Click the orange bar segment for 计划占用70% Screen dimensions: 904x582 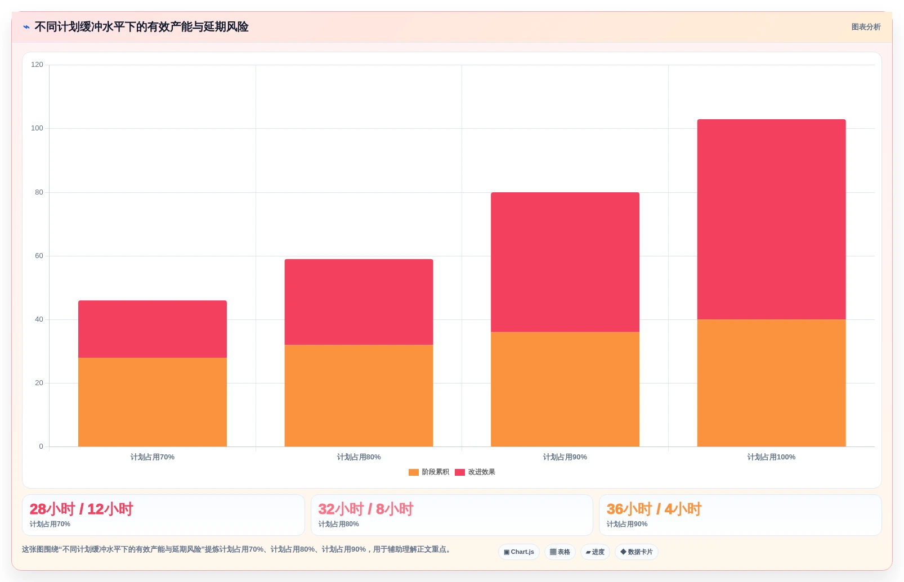[153, 402]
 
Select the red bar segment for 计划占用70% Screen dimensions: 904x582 [153, 329]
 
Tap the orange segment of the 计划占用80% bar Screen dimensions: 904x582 [359, 395]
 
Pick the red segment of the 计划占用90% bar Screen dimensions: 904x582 [565, 262]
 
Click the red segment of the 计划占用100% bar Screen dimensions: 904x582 [771, 219]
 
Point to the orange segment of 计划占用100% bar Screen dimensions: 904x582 [771, 383]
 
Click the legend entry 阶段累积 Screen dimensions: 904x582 [428, 472]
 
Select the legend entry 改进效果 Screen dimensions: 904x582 [475, 472]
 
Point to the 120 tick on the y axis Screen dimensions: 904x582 [37, 65]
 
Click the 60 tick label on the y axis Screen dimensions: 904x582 [39, 255]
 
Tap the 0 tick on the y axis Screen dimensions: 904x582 [41, 446]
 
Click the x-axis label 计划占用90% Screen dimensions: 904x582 [565, 457]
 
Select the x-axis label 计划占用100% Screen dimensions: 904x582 [771, 457]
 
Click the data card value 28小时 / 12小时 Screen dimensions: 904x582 [81, 509]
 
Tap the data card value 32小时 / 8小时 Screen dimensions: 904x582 [366, 509]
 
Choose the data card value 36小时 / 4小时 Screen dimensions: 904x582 [654, 509]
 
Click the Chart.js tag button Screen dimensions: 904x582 [519, 552]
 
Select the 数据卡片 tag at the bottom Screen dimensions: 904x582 [637, 552]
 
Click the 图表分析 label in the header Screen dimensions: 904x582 [866, 27]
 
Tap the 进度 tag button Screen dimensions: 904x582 [595, 552]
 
